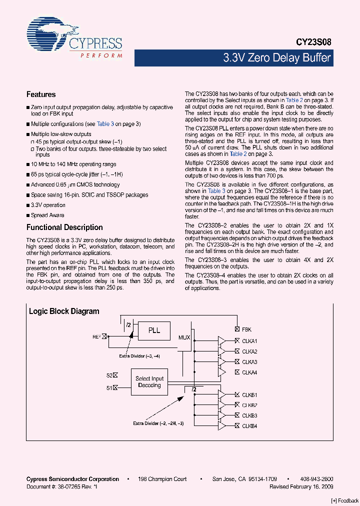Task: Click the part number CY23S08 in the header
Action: coord(312,43)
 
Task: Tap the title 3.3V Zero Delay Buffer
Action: coord(276,58)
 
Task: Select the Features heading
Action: coord(41,94)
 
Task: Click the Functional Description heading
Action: coord(64,227)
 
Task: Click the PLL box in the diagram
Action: coord(154,330)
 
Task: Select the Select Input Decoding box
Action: coord(149,382)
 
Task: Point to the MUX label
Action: coord(184,337)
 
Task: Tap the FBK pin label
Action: coord(246,329)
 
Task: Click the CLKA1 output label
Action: coord(249,341)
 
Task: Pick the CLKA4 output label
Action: coord(249,372)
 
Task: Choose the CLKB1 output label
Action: coord(249,394)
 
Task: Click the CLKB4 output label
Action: coord(249,426)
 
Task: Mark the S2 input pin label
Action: coord(109,374)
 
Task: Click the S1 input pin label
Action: coord(109,387)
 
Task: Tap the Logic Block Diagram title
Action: coord(64,311)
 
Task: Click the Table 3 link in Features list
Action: coord(105,124)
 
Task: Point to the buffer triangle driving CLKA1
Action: coord(221,341)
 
